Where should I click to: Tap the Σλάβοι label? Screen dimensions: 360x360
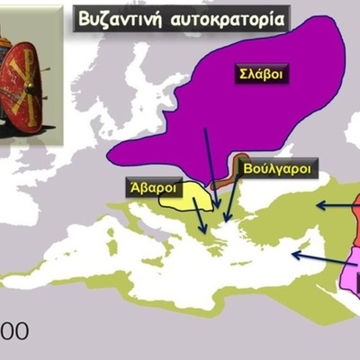[x=261, y=75]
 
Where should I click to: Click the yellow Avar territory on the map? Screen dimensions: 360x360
[x=184, y=200]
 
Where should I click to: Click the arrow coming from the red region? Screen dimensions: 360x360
[x=333, y=206]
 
